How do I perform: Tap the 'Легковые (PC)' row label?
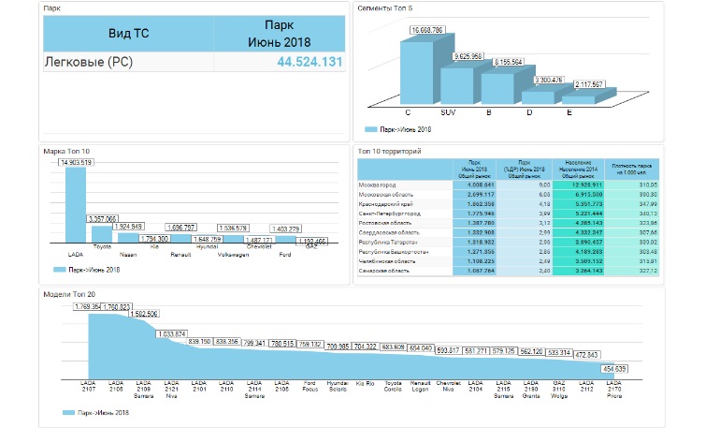88,62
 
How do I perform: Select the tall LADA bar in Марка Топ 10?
76,206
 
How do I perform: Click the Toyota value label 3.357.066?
108,218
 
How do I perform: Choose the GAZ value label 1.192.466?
315,241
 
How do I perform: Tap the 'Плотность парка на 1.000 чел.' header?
632,169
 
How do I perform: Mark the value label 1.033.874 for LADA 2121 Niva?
171,333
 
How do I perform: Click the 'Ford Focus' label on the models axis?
309,385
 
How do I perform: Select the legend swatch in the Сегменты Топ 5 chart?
370,128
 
